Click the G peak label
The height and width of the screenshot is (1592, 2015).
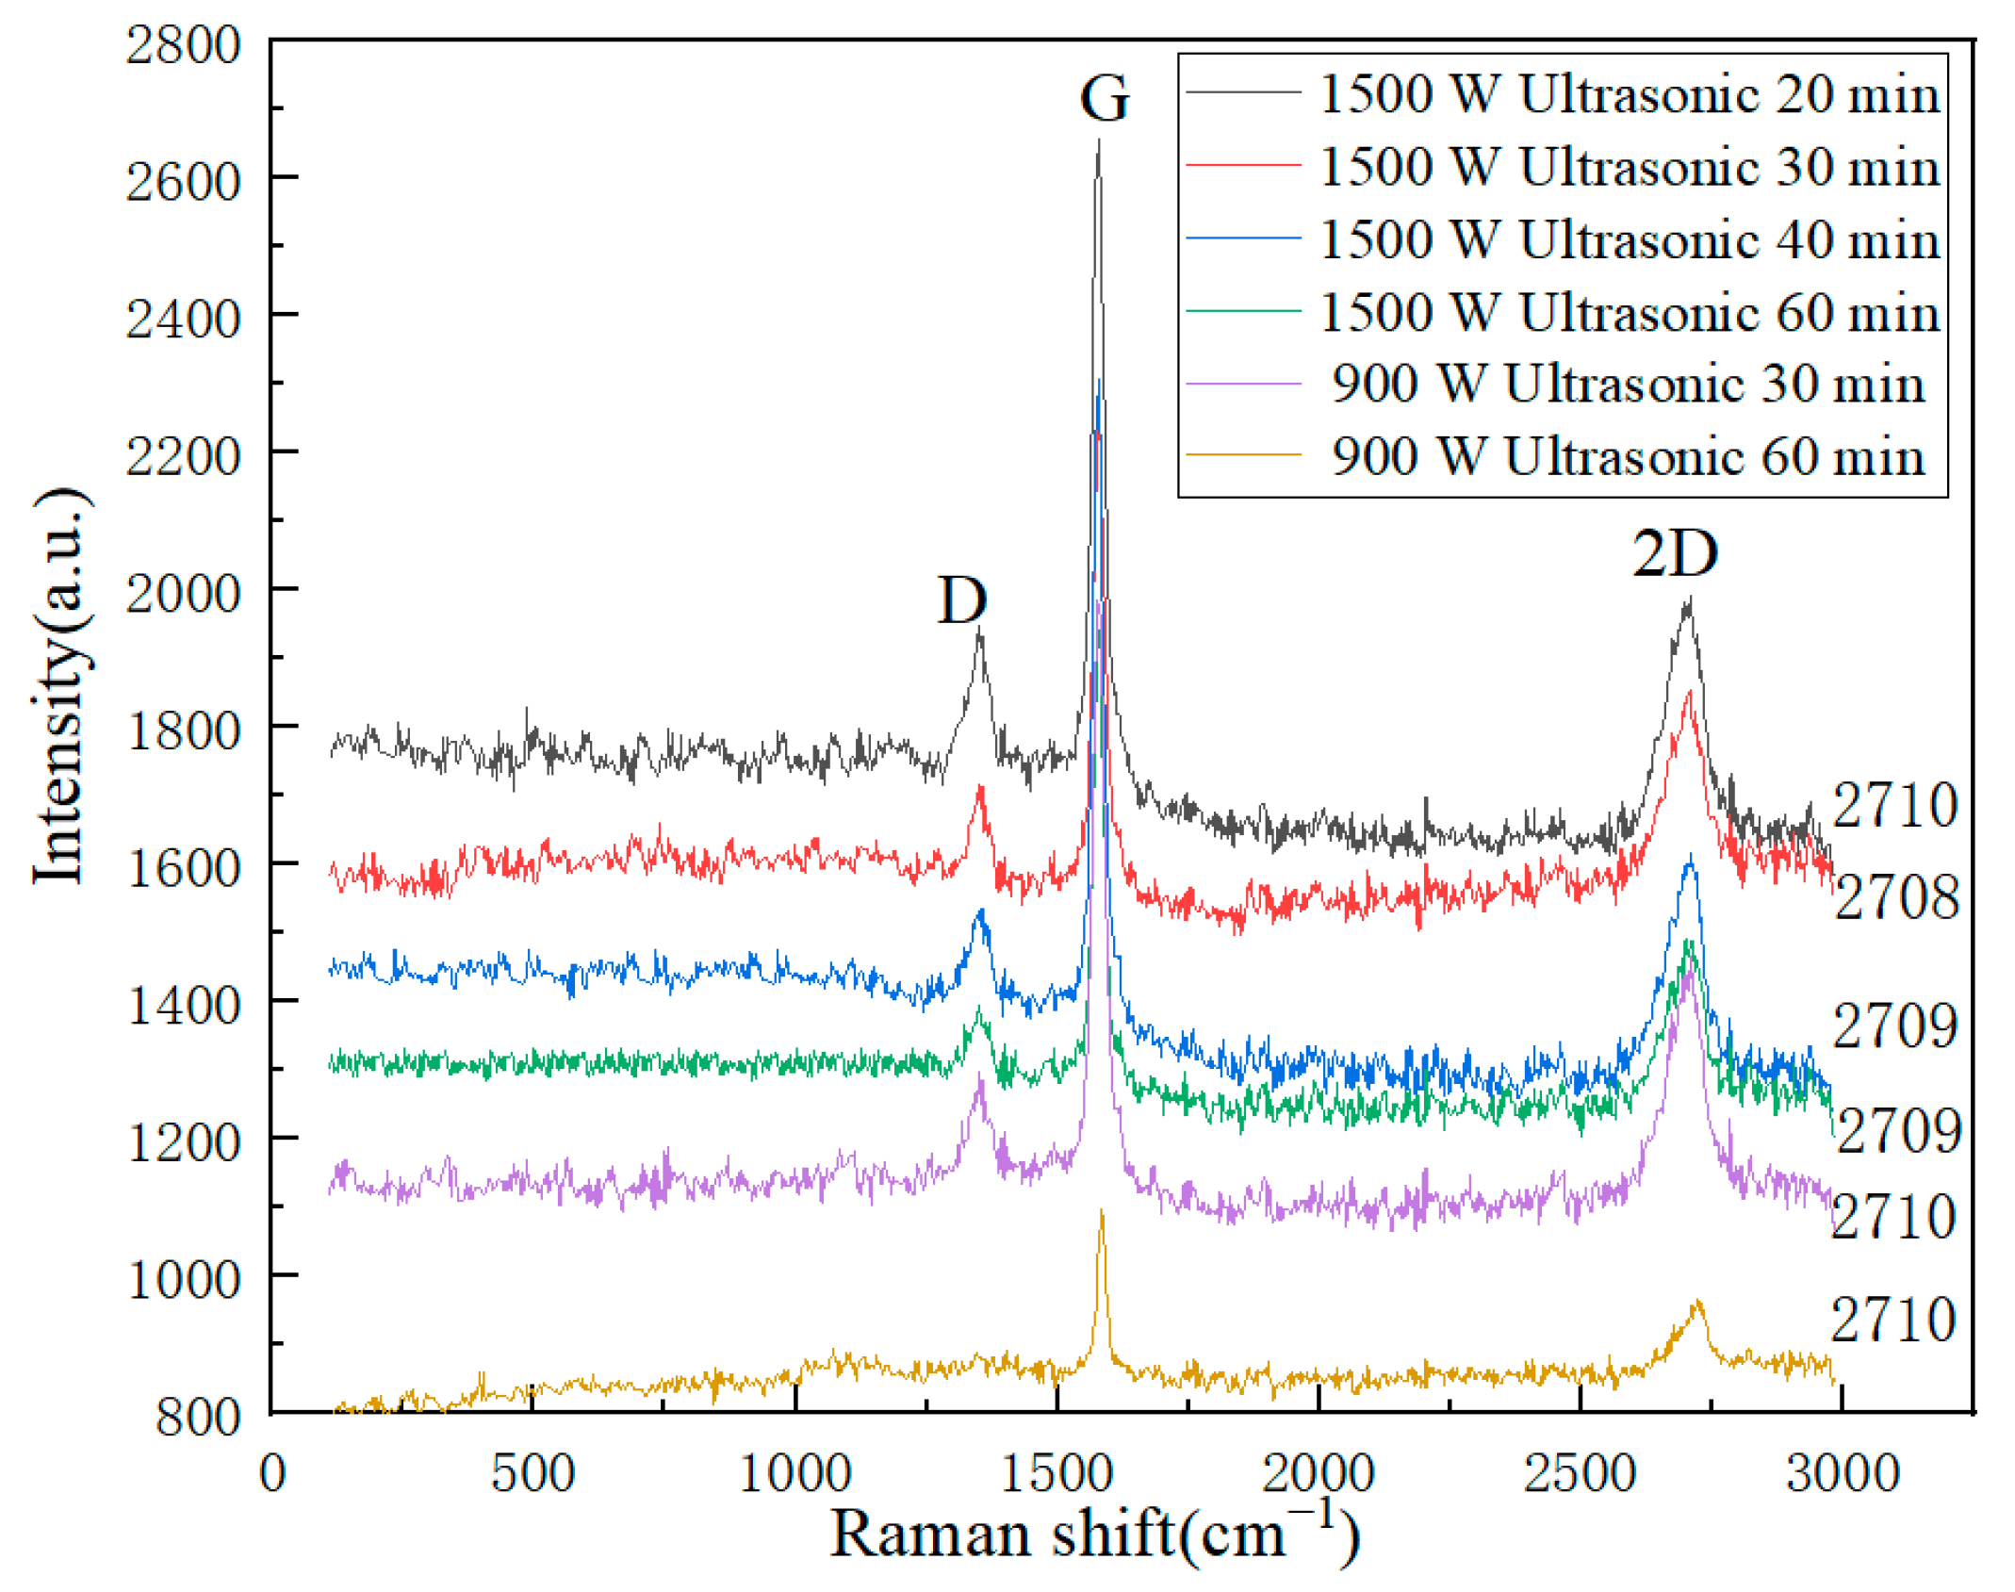(1104, 98)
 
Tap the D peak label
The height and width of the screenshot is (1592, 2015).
(961, 600)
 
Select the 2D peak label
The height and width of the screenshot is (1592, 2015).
(1675, 553)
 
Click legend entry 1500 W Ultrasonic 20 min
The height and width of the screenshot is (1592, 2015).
(1629, 94)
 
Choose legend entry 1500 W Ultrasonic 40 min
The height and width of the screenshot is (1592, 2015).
(1629, 239)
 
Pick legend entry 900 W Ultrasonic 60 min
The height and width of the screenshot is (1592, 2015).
(1628, 456)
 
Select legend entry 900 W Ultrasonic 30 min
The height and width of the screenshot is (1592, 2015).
(1628, 384)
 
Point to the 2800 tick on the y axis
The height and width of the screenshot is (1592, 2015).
(183, 45)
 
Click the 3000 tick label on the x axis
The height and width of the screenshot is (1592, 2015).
(1842, 1473)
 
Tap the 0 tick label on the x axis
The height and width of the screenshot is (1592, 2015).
(272, 1473)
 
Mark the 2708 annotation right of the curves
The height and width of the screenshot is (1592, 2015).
(1895, 896)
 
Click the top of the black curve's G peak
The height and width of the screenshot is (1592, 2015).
(1098, 141)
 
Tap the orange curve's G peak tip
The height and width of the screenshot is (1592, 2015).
(1101, 1211)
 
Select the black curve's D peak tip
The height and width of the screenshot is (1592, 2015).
(979, 630)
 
